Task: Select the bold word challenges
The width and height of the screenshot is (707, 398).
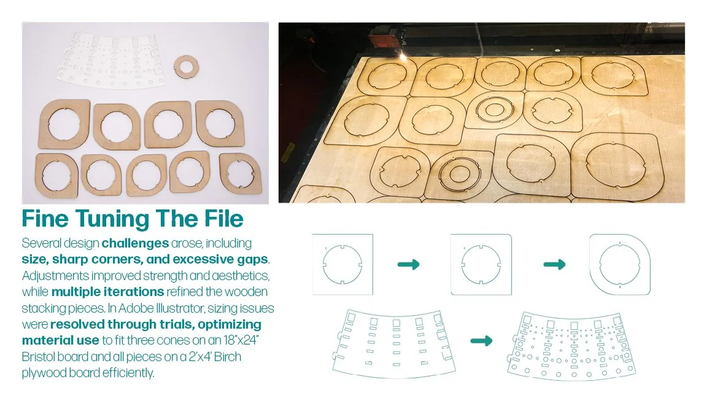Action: (135, 243)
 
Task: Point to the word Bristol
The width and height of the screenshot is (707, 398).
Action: (40, 356)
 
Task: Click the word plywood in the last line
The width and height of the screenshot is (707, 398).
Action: (47, 373)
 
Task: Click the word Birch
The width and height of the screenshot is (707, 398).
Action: (228, 356)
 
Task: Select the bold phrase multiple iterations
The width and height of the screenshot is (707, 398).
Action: (108, 292)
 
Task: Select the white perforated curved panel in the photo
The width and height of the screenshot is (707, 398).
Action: (110, 60)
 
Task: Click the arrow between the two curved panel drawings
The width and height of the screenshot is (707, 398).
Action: (482, 341)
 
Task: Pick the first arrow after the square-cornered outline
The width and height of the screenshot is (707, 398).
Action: (409, 265)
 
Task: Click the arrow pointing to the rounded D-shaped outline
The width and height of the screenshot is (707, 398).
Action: (555, 265)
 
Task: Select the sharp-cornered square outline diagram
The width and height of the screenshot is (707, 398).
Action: (342, 265)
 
